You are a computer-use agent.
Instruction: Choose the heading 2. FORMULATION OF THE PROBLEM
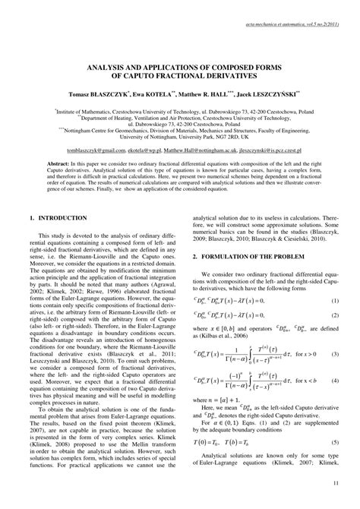click(x=250, y=258)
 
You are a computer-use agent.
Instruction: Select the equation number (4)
click(x=334, y=384)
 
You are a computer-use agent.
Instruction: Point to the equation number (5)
click(x=334, y=442)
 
